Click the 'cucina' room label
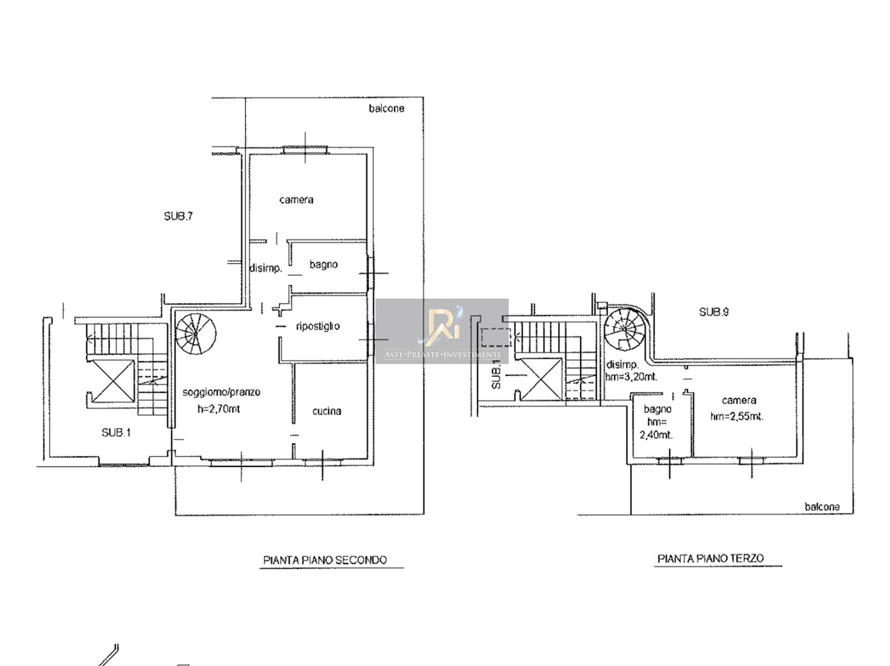[x=327, y=411]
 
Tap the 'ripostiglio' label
[x=318, y=326]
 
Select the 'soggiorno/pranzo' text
[x=221, y=392]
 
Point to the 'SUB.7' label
[x=179, y=216]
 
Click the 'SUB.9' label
[x=714, y=312]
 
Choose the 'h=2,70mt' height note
[x=219, y=409]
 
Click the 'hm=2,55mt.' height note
[x=736, y=416]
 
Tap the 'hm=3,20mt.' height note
[x=631, y=376]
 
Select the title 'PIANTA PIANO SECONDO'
[x=325, y=560]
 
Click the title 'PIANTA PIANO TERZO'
[x=710, y=559]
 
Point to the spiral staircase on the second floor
[x=196, y=334]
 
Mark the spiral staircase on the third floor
[x=625, y=328]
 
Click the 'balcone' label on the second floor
[x=387, y=108]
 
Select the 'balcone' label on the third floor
[x=822, y=507]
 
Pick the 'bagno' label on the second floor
[x=324, y=265]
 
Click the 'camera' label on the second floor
[x=296, y=200]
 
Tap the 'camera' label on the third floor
[x=739, y=400]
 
